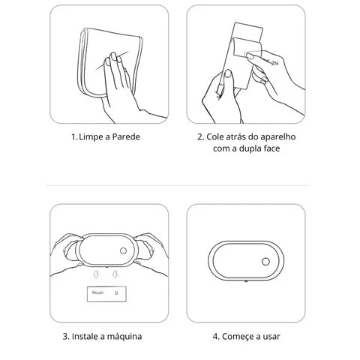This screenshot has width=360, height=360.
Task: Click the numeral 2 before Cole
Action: (200, 137)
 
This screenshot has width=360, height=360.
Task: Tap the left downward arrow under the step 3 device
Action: (95, 277)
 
